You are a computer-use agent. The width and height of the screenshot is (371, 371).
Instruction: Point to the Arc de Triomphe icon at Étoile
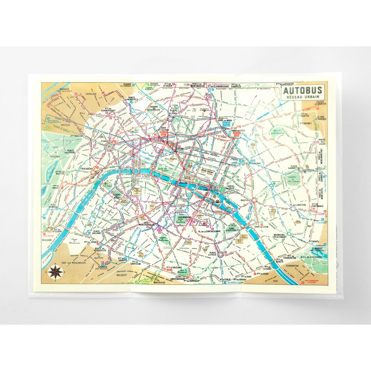coord(110,147)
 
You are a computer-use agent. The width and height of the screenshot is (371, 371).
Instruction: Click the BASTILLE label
coord(246,200)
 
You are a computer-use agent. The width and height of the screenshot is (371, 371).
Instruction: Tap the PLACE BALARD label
coord(96,233)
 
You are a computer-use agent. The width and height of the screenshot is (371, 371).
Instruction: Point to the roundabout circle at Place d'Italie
coord(221,254)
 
